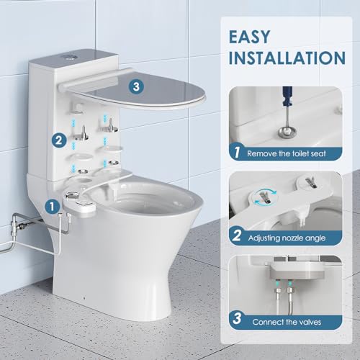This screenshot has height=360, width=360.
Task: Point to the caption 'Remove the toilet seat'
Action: (x=292, y=153)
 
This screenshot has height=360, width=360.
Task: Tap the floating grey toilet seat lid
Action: (x=137, y=97)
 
